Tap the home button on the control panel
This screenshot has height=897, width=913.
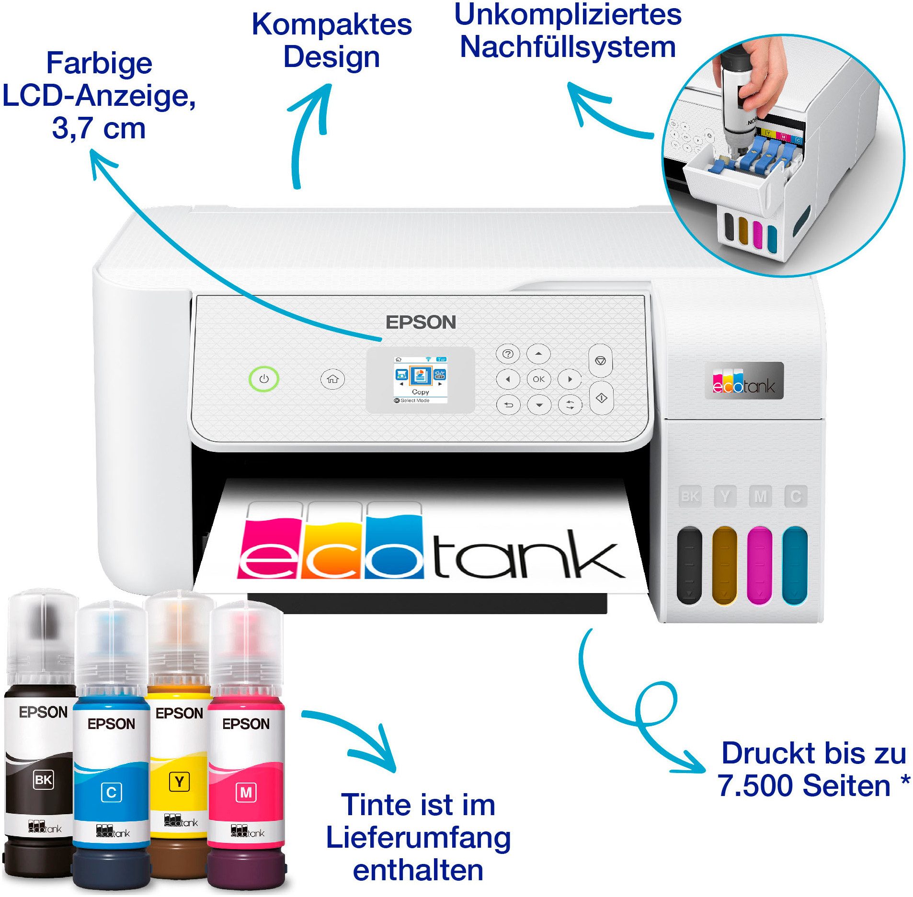332,379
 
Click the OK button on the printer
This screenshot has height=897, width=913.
538,379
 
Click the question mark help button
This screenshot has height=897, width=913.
508,354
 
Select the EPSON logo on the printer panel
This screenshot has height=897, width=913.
421,322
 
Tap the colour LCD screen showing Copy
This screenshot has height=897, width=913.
420,380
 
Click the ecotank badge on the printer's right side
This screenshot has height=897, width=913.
743,381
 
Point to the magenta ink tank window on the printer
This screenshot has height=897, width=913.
759,565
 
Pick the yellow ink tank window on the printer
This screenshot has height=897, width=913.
724,565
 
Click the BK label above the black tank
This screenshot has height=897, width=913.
690,496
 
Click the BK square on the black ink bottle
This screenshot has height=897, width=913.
43,780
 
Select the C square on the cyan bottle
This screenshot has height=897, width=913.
111,793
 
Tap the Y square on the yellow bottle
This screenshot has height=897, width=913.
179,782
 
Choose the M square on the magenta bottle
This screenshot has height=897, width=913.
246,793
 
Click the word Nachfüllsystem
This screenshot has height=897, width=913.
568,47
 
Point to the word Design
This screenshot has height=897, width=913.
331,57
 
